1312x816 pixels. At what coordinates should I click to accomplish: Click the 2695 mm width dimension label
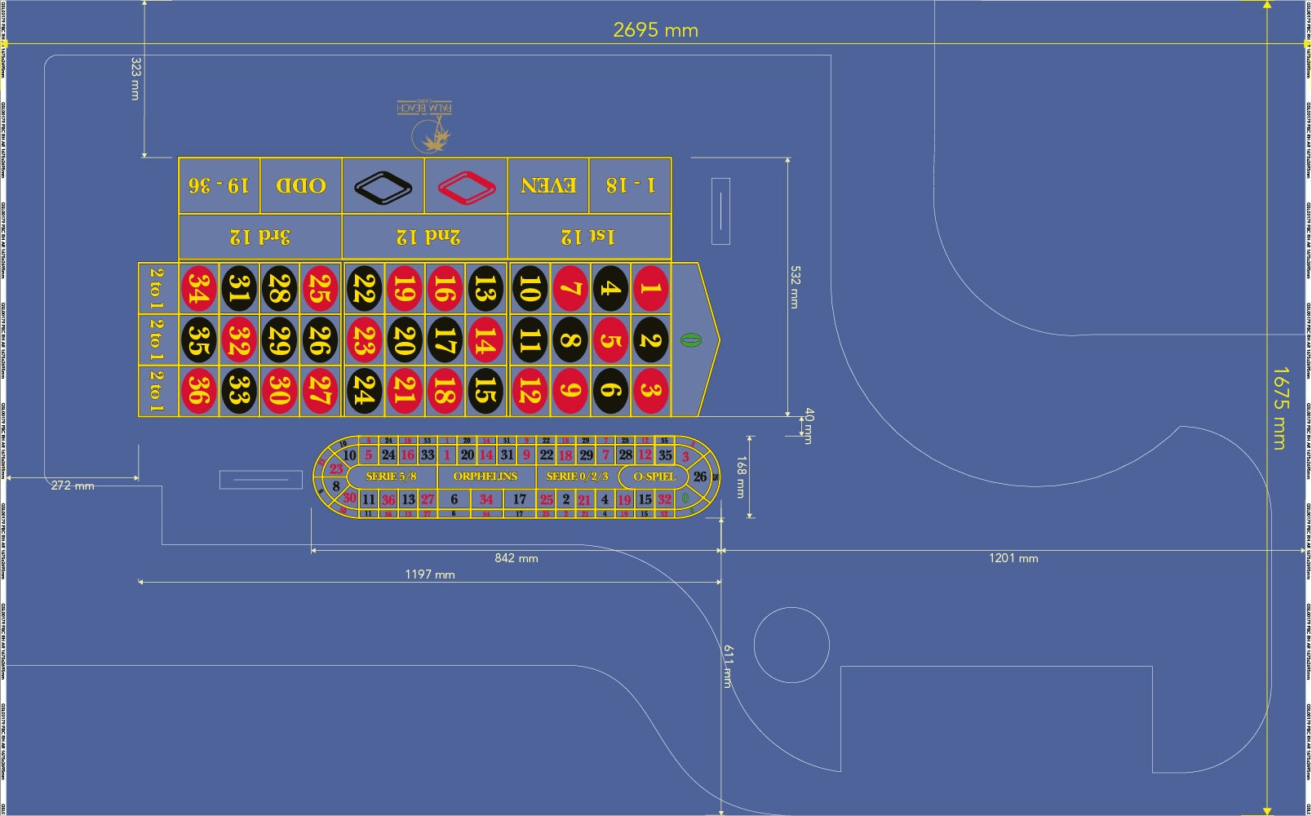click(655, 30)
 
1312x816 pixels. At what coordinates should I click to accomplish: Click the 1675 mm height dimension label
click(1279, 408)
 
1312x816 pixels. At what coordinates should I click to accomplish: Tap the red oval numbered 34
click(198, 288)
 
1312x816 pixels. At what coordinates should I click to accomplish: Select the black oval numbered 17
click(444, 339)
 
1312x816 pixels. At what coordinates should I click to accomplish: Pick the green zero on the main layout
click(690, 339)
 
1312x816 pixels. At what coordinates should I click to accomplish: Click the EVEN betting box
click(548, 185)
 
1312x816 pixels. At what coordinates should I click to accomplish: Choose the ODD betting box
click(301, 185)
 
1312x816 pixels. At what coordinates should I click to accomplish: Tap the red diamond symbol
click(466, 186)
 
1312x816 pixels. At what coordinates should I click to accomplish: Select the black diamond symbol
click(383, 186)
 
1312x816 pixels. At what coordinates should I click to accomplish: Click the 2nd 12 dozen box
click(425, 237)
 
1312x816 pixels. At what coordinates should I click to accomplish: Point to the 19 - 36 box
click(219, 185)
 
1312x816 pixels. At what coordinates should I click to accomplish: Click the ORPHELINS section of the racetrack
click(485, 477)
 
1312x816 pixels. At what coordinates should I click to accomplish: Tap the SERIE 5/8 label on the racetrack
click(391, 477)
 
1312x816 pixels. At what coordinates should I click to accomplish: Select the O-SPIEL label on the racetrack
click(654, 477)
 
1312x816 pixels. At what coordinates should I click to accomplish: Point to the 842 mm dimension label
click(516, 558)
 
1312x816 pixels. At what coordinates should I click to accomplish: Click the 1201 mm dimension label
click(1013, 558)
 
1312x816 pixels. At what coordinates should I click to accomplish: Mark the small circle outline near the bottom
click(791, 645)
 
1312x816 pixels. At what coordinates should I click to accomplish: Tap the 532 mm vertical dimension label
click(796, 286)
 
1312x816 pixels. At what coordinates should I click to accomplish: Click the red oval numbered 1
click(650, 288)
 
